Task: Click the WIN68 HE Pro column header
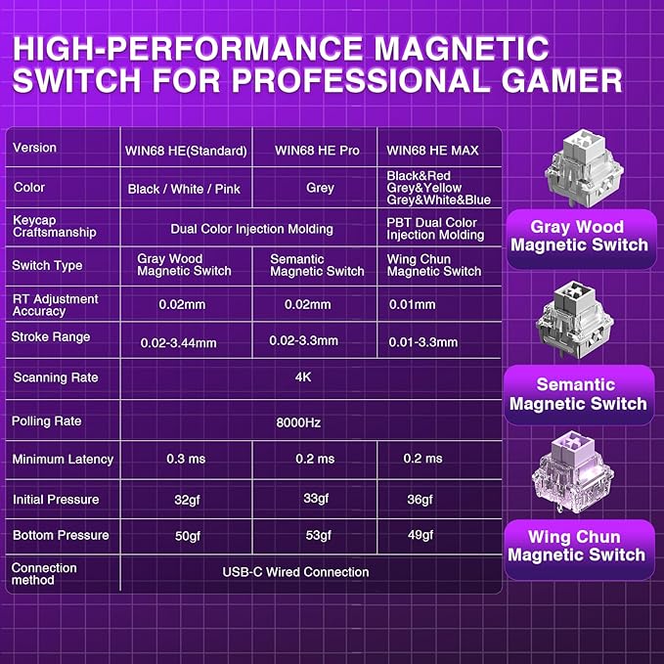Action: click(317, 151)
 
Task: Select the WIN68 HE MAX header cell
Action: click(432, 151)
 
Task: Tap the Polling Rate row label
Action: click(47, 421)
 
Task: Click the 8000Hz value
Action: click(298, 422)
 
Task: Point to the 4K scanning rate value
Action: click(303, 376)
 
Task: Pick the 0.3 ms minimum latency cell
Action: click(186, 459)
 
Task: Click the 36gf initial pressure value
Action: click(421, 500)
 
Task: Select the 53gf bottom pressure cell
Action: click(319, 536)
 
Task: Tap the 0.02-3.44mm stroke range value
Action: click(178, 342)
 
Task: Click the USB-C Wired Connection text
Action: click(295, 572)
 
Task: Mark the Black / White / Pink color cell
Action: click(184, 189)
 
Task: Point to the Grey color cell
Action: click(320, 188)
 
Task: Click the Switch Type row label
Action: click(47, 266)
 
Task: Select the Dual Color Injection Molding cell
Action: click(251, 229)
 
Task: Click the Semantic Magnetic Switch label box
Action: click(579, 395)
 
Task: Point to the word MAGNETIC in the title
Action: click(462, 48)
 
